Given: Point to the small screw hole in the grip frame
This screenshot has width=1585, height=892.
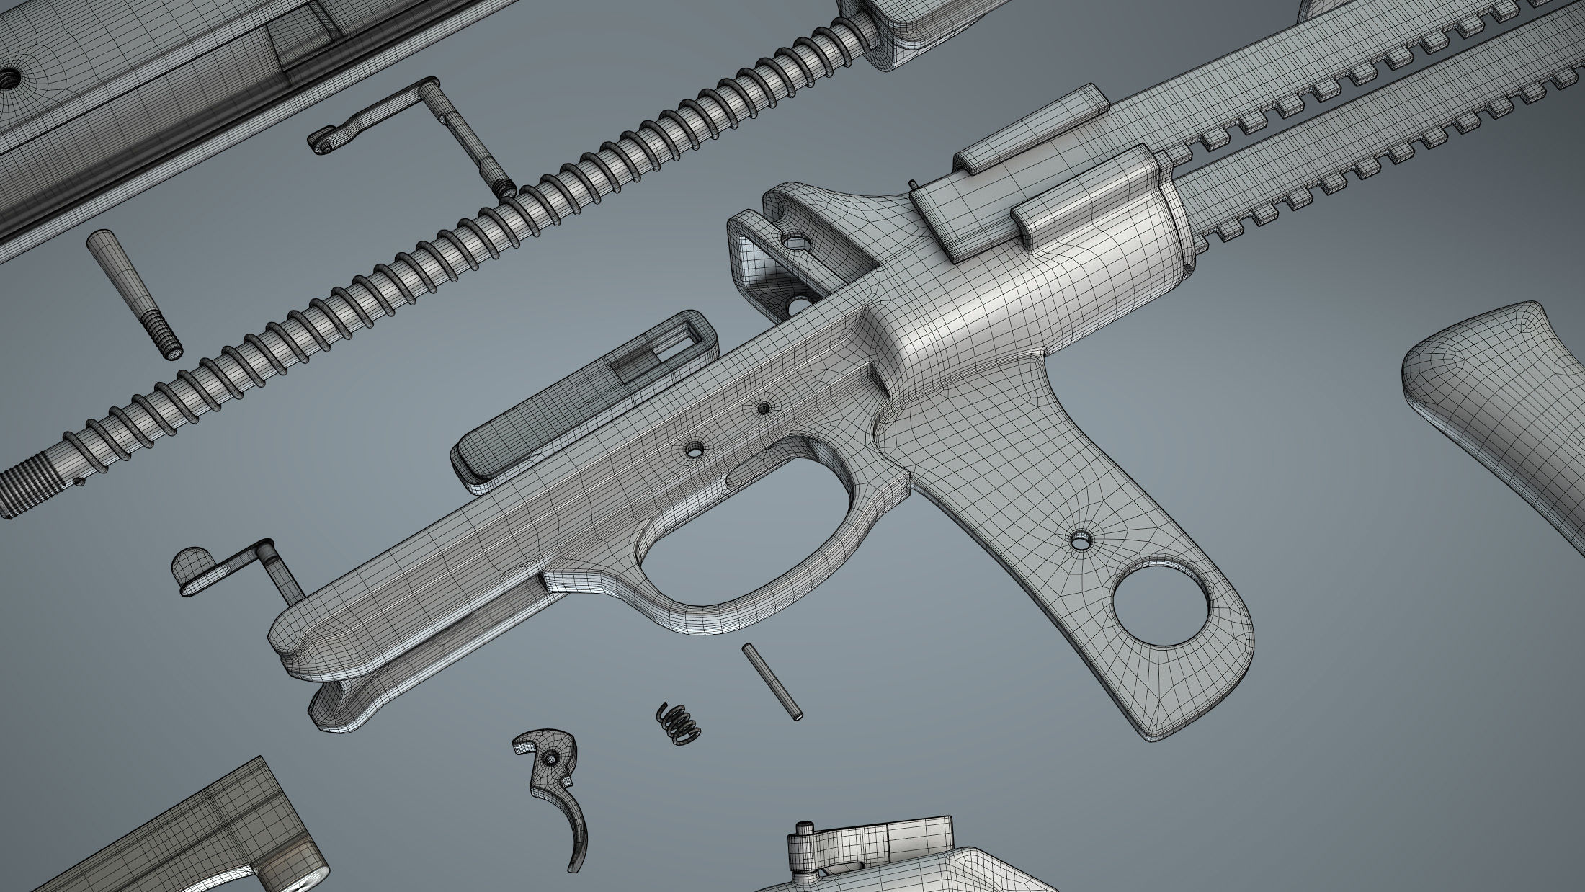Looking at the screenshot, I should pyautogui.click(x=1081, y=539).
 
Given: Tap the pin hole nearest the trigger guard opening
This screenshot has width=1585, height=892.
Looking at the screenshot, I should pyautogui.click(x=695, y=450).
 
